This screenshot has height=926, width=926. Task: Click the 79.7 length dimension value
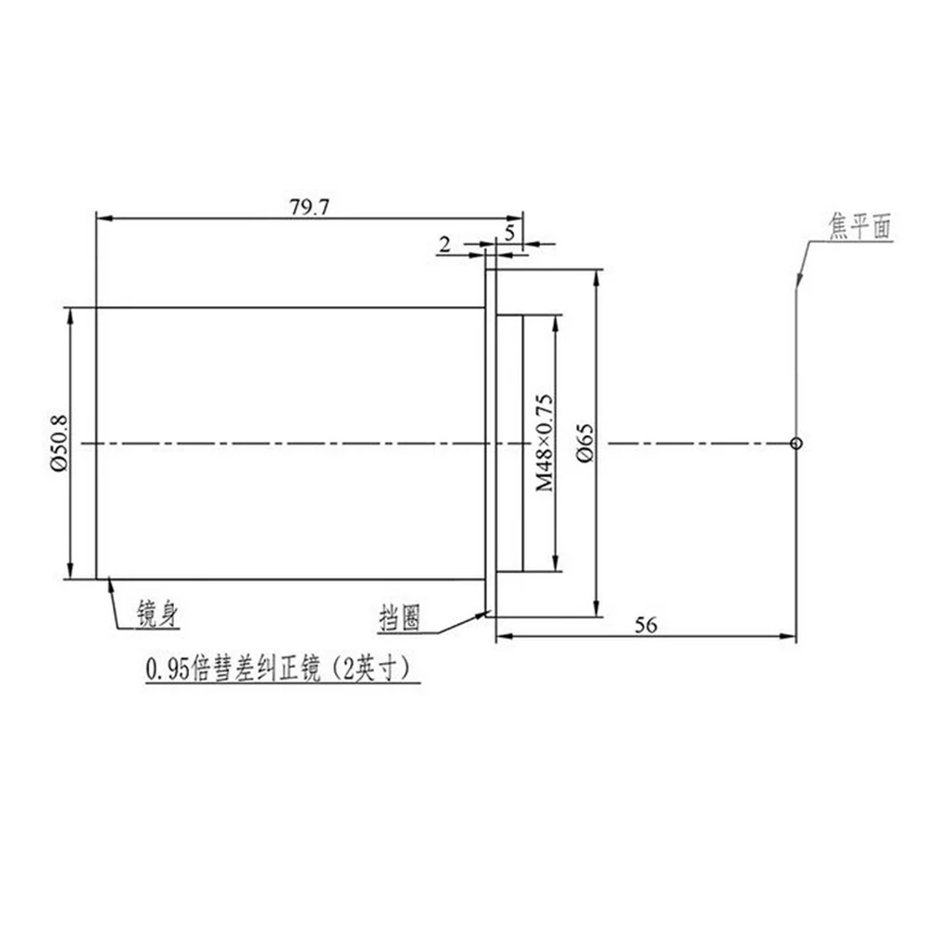[309, 207]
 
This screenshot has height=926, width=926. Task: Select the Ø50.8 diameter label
[59, 443]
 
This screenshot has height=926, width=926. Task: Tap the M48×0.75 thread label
[544, 443]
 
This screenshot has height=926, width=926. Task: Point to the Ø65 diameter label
[584, 443]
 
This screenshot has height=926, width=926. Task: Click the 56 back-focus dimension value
[645, 625]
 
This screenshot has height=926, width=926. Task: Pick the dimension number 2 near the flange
[444, 244]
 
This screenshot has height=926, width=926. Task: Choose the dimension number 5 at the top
[509, 232]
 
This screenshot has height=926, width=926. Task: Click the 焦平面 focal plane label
[859, 226]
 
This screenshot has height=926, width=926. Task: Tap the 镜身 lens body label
[157, 614]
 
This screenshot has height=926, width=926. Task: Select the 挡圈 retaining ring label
[400, 619]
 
